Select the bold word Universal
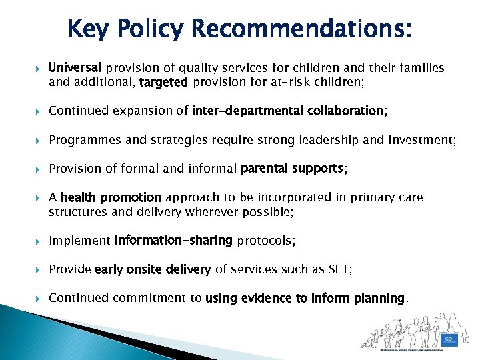pyautogui.click(x=75, y=68)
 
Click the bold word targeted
pyautogui.click(x=164, y=83)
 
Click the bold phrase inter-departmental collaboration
pyautogui.click(x=287, y=111)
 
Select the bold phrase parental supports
pyautogui.click(x=292, y=169)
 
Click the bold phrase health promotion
pyautogui.click(x=111, y=197)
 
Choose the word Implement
pyautogui.click(x=79, y=240)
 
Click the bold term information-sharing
pyautogui.click(x=173, y=240)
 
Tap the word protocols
pyautogui.click(x=265, y=240)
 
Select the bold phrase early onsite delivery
pyautogui.click(x=153, y=269)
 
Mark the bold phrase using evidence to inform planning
pyautogui.click(x=305, y=298)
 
